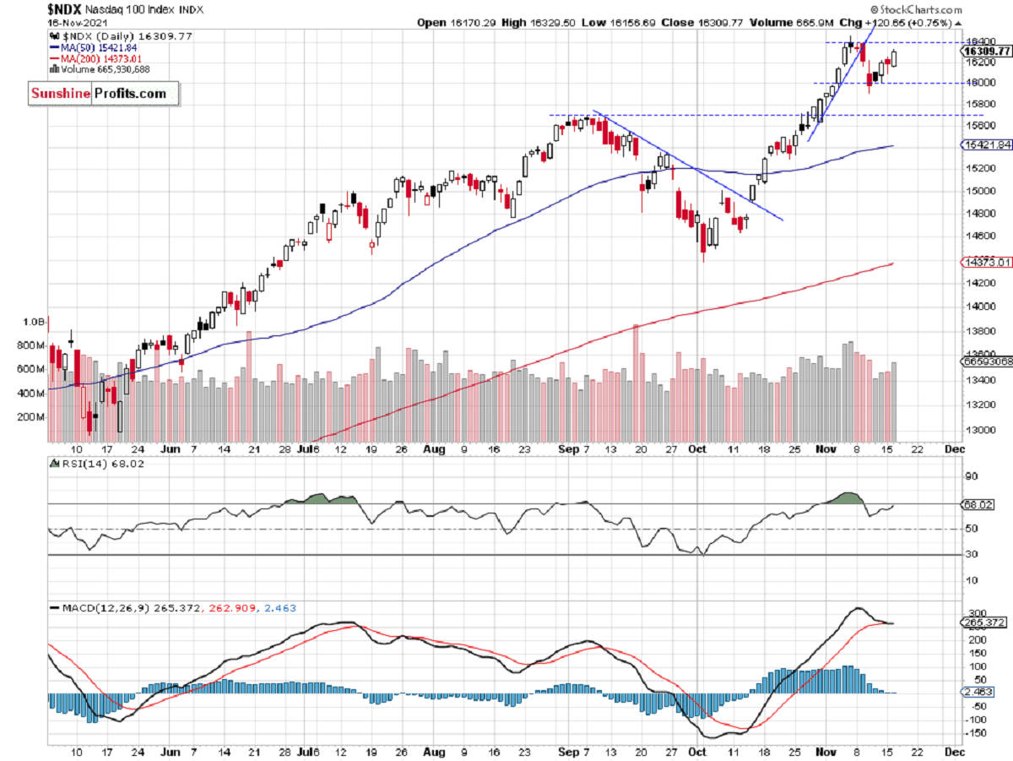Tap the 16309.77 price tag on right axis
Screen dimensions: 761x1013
[986, 52]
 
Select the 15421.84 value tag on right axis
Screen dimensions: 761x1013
[986, 145]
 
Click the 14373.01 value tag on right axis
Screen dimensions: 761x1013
[986, 264]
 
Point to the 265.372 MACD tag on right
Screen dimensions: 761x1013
[983, 622]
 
